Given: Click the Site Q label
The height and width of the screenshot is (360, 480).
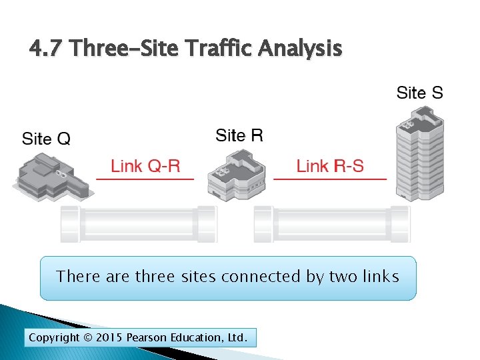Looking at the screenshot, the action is (46, 139).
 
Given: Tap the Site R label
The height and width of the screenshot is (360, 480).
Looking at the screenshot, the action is (239, 136).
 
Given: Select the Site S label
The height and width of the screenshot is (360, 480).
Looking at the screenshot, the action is (419, 93).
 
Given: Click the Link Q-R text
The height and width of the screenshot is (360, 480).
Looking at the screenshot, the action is (145, 165).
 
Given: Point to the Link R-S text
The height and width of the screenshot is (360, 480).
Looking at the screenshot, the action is (330, 165).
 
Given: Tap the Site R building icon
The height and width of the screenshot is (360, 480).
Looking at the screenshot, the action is (237, 175).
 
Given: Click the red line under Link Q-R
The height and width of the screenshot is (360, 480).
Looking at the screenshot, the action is (145, 179).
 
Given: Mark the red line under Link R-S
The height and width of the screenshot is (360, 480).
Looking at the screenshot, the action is (330, 179).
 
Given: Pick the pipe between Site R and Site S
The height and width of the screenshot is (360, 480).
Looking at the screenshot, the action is (331, 223).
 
